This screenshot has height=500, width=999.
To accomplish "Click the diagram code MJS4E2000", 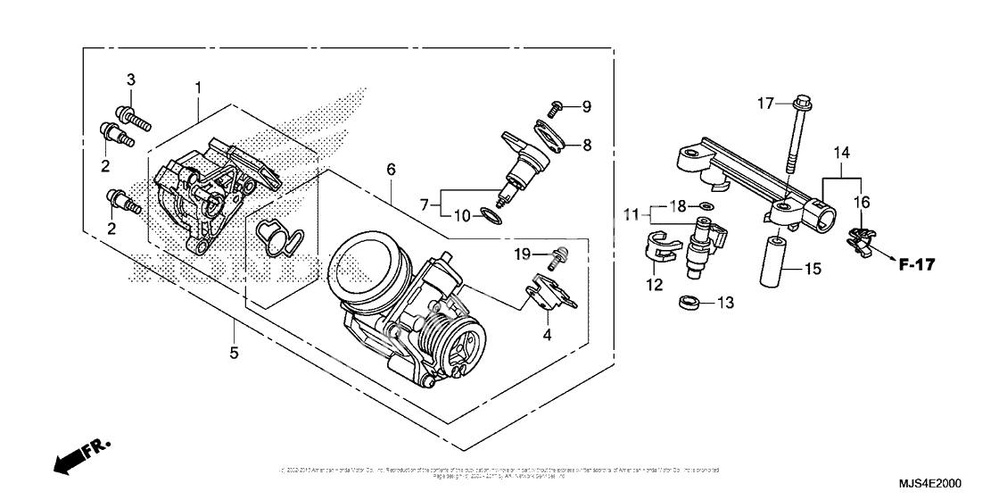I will [929, 483].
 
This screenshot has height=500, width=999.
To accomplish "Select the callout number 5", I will [234, 353].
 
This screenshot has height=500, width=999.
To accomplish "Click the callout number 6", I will [389, 168].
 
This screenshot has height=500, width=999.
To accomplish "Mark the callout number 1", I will [197, 87].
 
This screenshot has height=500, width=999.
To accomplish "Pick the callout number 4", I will [548, 335].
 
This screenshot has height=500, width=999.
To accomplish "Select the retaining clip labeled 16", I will [858, 238].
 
